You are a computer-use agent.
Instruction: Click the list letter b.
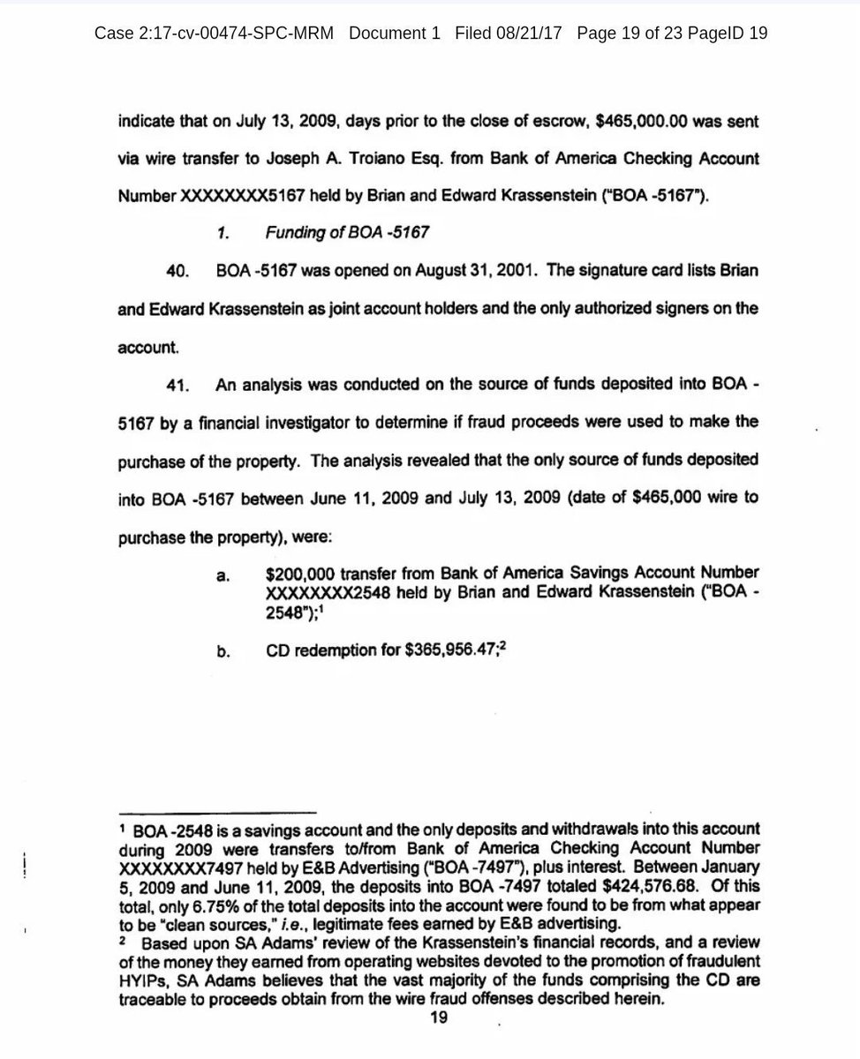(x=223, y=652)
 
